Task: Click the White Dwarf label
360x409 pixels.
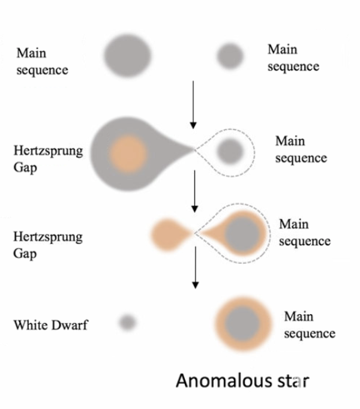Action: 50,325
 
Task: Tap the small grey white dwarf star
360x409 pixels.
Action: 127,323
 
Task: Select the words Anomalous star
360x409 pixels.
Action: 242,381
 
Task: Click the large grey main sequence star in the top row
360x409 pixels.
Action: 127,56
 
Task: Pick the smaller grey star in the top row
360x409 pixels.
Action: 230,56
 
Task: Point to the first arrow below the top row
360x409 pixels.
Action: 193,105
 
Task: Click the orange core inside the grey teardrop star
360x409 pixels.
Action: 128,154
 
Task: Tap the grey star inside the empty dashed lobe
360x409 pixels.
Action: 230,152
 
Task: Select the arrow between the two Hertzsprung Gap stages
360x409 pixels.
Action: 194,191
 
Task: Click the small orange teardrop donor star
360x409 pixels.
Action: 170,234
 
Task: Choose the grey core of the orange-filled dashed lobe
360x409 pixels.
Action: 242,234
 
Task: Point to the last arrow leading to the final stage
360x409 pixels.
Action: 195,267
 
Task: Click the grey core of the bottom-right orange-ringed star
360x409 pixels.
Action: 242,324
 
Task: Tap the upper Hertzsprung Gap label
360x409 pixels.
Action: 48,159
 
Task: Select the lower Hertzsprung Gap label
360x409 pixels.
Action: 48,245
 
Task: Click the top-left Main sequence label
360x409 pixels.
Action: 42,62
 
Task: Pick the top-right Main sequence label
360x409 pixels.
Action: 293,58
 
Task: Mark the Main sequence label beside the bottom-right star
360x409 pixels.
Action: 310,325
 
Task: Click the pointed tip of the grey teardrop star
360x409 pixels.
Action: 193,149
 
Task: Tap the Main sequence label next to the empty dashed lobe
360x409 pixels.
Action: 301,149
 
